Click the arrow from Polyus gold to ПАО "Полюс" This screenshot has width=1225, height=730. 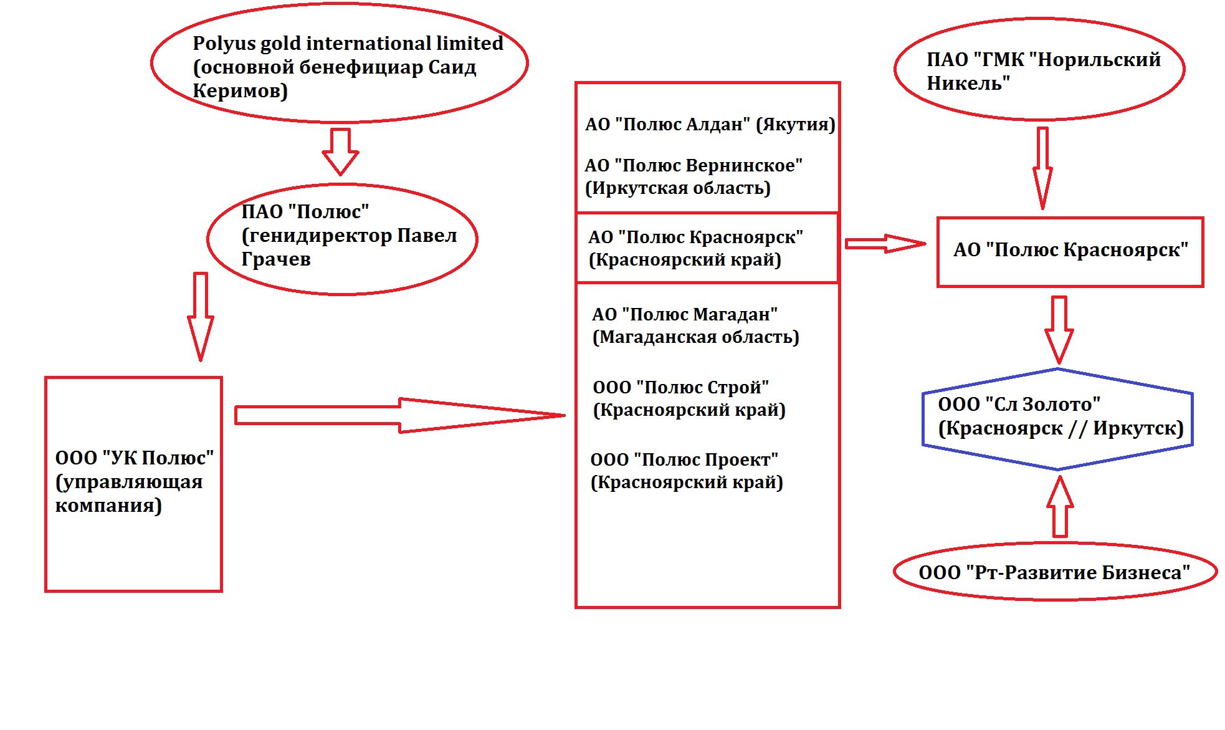340,151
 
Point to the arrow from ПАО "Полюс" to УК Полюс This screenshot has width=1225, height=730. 201,317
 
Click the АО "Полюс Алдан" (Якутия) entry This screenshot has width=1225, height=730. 710,124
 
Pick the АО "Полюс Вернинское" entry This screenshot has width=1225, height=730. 694,176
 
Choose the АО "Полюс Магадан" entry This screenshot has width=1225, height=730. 695,325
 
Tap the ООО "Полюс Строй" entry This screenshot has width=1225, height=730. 689,398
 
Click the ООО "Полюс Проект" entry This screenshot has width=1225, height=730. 687,471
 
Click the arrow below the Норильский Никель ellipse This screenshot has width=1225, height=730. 1042,168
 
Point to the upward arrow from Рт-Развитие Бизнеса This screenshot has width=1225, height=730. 1060,507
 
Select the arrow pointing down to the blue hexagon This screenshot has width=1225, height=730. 1059,330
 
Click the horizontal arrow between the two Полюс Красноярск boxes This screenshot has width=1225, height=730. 885,244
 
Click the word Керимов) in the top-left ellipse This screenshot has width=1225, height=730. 241,91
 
